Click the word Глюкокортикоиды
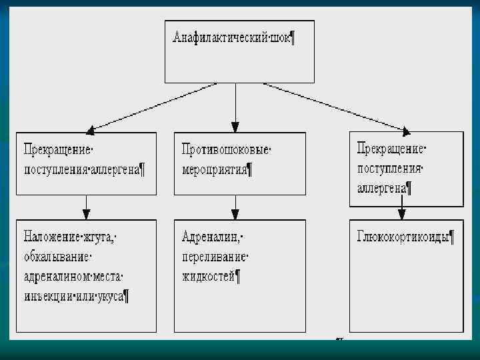click(x=403, y=237)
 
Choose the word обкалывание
click(x=56, y=257)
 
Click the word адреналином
click(x=58, y=276)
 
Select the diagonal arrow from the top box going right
click(x=333, y=107)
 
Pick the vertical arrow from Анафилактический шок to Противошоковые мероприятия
click(x=235, y=107)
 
